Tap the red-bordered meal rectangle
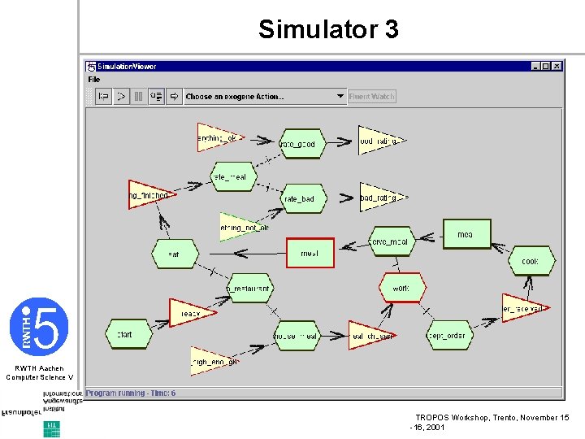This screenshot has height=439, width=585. (x=310, y=253)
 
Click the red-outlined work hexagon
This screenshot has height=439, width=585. (x=401, y=288)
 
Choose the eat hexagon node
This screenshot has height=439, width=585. (x=175, y=254)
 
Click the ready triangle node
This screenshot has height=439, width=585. (x=189, y=313)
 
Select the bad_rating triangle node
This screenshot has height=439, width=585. (x=379, y=197)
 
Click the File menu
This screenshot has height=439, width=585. (x=94, y=79)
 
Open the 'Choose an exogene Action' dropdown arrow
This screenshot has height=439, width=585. (x=340, y=96)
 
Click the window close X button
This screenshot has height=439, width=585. (x=557, y=66)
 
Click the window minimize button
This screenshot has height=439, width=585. (x=535, y=66)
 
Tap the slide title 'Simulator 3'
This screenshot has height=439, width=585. (x=328, y=30)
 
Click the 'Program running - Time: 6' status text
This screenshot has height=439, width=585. (x=131, y=393)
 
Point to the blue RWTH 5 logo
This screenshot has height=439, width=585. (x=38, y=326)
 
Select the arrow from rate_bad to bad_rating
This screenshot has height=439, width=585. (x=346, y=198)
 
